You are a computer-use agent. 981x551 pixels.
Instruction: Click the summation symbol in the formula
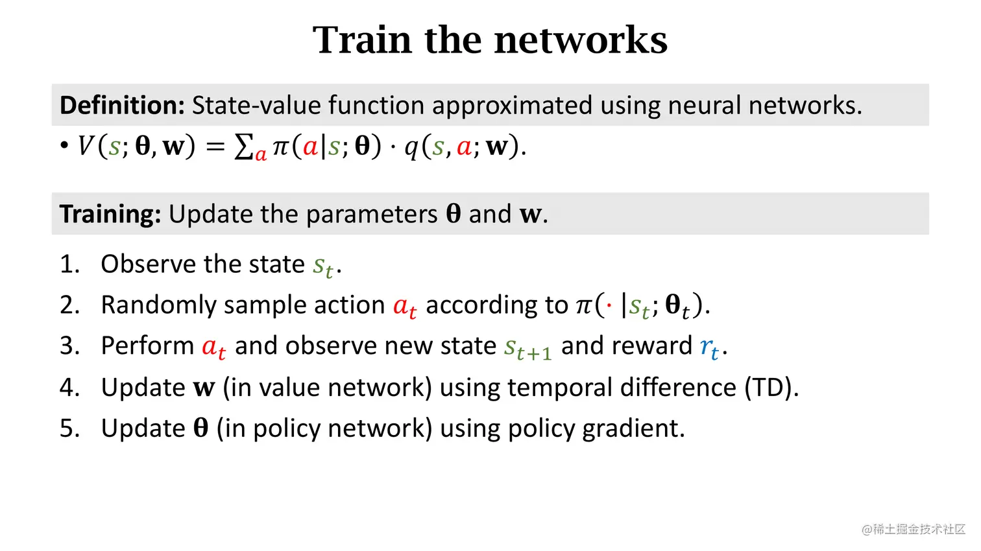click(243, 147)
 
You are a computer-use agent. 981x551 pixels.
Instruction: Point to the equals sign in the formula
click(215, 147)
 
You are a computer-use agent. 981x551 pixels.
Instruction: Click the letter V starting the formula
click(86, 147)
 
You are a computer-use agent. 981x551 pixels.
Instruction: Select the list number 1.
click(68, 264)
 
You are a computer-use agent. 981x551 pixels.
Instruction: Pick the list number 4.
click(68, 388)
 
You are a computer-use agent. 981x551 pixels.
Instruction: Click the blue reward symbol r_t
click(709, 347)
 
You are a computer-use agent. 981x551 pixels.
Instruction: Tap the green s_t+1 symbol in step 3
click(527, 348)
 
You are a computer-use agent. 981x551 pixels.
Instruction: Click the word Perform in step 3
click(147, 346)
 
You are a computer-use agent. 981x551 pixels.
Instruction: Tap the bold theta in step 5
click(200, 428)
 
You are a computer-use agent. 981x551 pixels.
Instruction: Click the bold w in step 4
click(204, 388)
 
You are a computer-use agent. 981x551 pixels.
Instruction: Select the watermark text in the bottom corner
click(914, 529)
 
